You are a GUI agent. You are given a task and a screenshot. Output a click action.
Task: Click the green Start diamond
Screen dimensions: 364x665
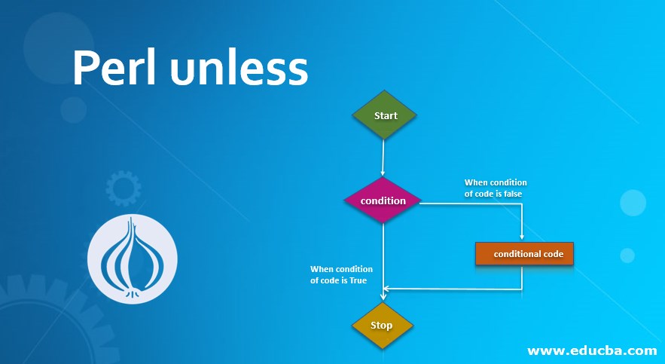[385, 115]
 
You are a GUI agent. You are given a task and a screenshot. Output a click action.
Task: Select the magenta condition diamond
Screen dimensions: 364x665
[383, 200]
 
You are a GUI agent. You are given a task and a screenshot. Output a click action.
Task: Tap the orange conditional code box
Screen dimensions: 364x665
[525, 254]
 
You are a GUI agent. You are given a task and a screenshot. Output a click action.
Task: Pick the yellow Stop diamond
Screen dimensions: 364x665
[382, 326]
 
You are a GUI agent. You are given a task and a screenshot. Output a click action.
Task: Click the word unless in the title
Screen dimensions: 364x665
[239, 69]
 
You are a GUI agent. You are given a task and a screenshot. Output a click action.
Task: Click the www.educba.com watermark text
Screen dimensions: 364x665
[591, 350]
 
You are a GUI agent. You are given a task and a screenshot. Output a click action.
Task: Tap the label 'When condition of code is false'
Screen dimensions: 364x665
[495, 188]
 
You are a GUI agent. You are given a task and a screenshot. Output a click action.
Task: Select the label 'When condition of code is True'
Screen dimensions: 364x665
[341, 274]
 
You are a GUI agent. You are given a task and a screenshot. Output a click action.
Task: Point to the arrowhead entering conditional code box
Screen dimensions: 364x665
[523, 238]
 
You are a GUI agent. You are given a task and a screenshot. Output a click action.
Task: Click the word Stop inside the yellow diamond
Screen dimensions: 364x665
[382, 326]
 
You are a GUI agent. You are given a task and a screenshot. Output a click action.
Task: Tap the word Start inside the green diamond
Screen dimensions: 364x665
[386, 115]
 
